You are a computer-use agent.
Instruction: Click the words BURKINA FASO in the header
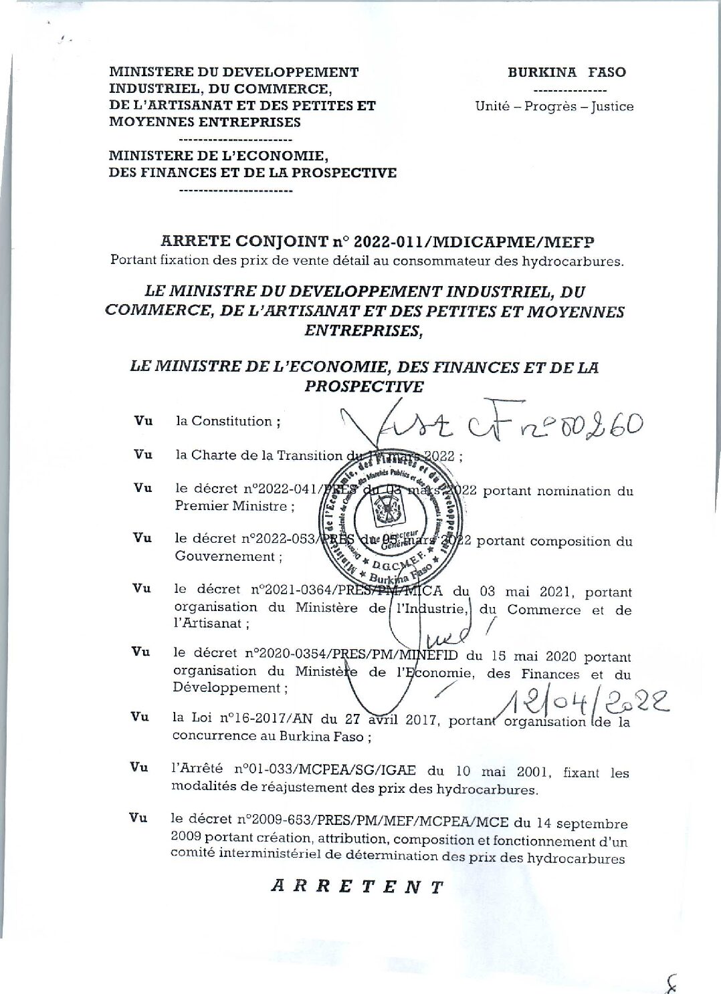(x=566, y=72)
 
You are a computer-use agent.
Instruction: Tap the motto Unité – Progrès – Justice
(x=554, y=106)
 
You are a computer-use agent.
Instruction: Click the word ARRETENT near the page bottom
(x=357, y=887)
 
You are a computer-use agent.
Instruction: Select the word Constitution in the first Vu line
(x=232, y=421)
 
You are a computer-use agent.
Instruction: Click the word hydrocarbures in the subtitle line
(x=579, y=261)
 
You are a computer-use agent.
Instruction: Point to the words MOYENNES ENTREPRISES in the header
(x=205, y=122)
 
